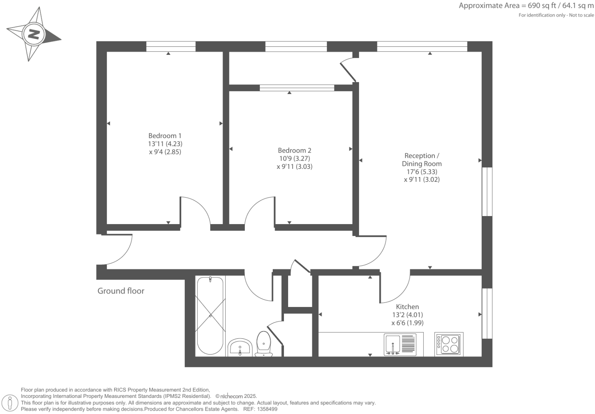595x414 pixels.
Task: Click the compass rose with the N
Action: pyautogui.click(x=34, y=35)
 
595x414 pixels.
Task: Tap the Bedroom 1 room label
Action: pyautogui.click(x=165, y=136)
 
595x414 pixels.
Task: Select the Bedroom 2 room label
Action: pyautogui.click(x=294, y=151)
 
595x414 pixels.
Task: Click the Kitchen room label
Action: pyautogui.click(x=407, y=307)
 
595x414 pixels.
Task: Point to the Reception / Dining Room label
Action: pyautogui.click(x=421, y=160)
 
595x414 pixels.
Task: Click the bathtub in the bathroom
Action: pyautogui.click(x=210, y=315)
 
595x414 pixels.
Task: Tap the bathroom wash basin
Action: pyautogui.click(x=240, y=347)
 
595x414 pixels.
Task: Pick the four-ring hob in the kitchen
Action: pyautogui.click(x=449, y=344)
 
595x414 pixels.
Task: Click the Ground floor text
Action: pyautogui.click(x=121, y=291)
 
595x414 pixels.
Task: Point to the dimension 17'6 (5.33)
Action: pyautogui.click(x=421, y=172)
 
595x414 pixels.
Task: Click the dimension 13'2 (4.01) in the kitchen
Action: pyautogui.click(x=407, y=315)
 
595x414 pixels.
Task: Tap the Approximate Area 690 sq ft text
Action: pyautogui.click(x=526, y=6)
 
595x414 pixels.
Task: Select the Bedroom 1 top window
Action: pyautogui.click(x=171, y=46)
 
